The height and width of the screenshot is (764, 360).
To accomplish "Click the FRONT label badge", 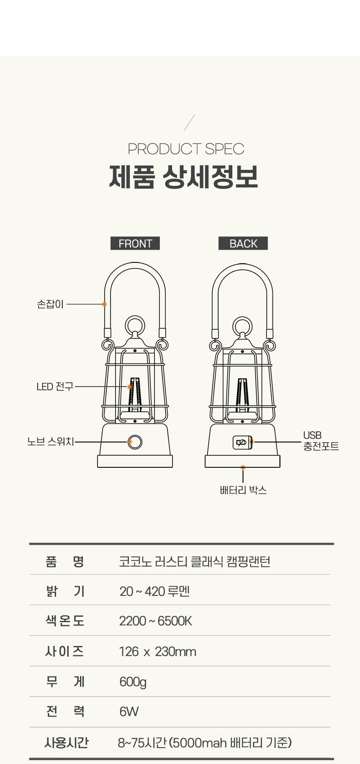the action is click(135, 243).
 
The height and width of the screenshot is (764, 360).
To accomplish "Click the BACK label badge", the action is click(243, 243).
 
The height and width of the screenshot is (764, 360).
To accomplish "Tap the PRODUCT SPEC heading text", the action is click(186, 149).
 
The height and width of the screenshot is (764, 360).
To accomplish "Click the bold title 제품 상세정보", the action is click(183, 177).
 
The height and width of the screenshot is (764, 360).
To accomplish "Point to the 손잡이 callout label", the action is click(50, 304).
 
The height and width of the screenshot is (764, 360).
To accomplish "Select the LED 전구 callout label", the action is click(55, 387).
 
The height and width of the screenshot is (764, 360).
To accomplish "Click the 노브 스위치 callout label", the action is click(51, 441).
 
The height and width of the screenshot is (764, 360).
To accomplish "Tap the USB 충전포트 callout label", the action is click(321, 441).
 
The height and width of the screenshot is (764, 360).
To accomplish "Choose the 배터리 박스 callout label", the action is click(243, 490).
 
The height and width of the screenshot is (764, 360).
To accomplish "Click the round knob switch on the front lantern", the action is click(135, 442).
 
